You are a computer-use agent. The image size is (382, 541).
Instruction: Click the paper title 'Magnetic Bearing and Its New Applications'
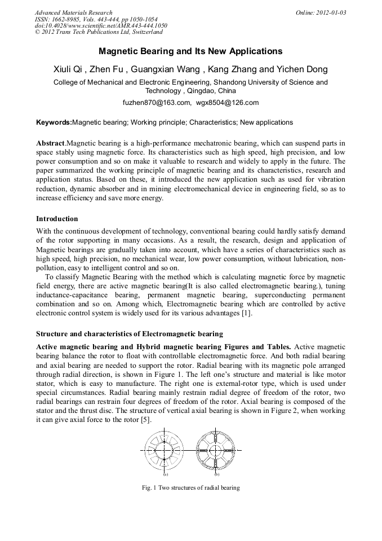pyautogui.click(x=190, y=51)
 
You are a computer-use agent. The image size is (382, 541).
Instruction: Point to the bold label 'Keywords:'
pyautogui.click(x=54, y=122)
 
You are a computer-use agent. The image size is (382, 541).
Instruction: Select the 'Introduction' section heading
pyautogui.click(x=57, y=218)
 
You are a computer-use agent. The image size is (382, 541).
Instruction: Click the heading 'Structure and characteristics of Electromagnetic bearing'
pyautogui.click(x=129, y=333)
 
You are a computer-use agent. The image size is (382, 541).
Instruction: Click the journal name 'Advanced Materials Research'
pyautogui.click(x=73, y=12)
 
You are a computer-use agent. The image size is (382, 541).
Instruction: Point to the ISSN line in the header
pyautogui.click(x=89, y=19)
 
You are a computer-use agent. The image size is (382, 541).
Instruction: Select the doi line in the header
pyautogui.click(x=101, y=26)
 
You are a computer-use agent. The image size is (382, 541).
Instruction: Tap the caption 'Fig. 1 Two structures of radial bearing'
pyautogui.click(x=190, y=487)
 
